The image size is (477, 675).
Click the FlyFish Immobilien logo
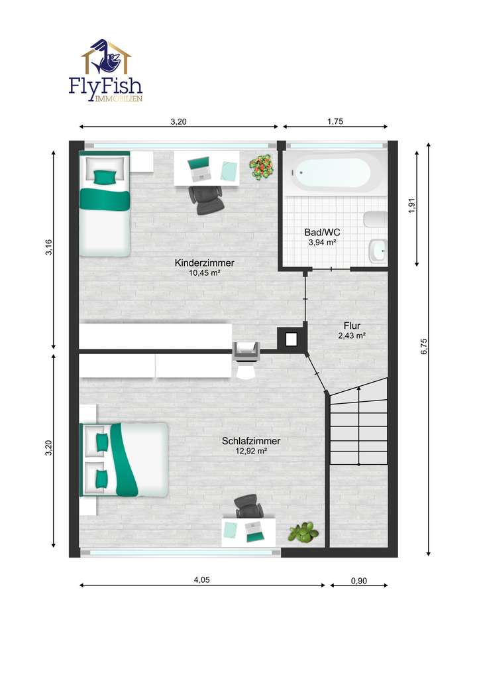coord(106,70)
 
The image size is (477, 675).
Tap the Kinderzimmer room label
coord(204,263)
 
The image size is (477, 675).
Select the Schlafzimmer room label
coord(251,441)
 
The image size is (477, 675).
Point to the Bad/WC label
coord(323,233)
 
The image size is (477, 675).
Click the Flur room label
coord(352,326)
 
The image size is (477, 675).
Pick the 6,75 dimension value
coord(425,347)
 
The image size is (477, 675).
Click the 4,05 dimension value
coord(202,580)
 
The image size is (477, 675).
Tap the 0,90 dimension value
coord(358,581)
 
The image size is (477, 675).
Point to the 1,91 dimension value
coord(412,206)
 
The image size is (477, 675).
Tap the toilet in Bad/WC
coord(375,219)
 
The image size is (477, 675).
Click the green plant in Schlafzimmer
coord(303,532)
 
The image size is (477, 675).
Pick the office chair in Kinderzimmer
coord(205,197)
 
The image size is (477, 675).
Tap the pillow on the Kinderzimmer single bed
coord(104,176)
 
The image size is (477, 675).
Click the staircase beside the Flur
coord(358,424)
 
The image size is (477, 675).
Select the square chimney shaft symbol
coord(291,339)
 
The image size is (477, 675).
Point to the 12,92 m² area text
coord(251,452)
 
